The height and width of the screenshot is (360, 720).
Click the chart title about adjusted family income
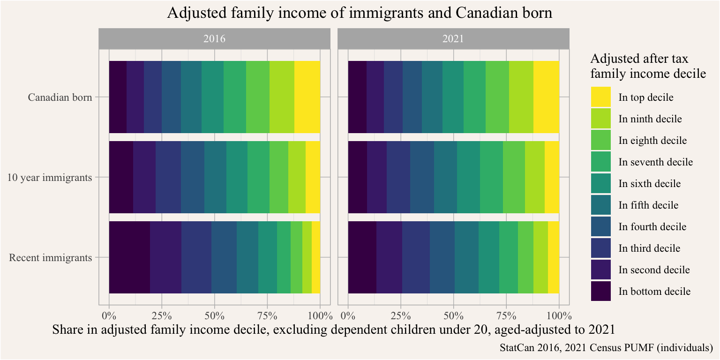click(360, 14)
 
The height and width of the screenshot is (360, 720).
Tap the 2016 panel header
click(214, 39)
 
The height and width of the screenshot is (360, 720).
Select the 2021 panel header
click(453, 39)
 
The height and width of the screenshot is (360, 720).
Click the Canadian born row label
click(60, 97)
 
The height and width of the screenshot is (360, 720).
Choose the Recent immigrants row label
click(51, 257)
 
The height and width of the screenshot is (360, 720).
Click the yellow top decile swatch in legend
click(600, 97)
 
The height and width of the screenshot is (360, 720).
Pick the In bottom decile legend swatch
click(600, 292)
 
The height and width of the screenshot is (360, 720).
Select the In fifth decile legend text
click(648, 205)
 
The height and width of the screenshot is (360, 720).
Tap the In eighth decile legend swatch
click(600, 141)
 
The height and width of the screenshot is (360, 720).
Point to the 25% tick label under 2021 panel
click(401, 315)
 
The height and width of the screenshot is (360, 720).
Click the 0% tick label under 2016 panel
click(109, 315)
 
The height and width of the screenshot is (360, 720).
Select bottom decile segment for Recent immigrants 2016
click(129, 257)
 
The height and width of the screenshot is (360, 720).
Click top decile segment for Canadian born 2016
click(307, 97)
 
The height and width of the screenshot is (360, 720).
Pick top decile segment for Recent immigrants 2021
click(554, 257)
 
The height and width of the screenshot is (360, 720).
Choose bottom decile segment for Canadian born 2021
click(357, 97)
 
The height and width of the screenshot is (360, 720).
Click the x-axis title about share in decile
click(333, 330)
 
